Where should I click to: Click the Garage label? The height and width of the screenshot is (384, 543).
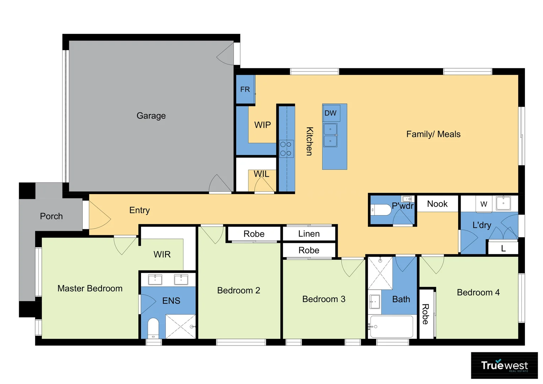[x=151, y=116]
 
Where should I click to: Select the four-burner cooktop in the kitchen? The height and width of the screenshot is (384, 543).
[x=286, y=149]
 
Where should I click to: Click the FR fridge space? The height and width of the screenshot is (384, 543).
[x=245, y=90]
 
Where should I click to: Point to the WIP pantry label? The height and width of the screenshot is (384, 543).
[x=262, y=125]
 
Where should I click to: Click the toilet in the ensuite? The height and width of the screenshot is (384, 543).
[x=153, y=327]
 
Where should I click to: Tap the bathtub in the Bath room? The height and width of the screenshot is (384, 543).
[x=391, y=326]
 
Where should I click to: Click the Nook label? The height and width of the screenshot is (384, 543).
[x=437, y=204]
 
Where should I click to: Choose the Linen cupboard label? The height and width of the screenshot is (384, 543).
[x=309, y=234]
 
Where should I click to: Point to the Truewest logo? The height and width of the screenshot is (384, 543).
[x=504, y=365]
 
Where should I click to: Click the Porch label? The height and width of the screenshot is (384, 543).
[x=51, y=216]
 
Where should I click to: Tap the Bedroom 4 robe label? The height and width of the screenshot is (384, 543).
[x=425, y=314]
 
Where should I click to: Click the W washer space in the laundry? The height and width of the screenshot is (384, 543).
[x=483, y=204]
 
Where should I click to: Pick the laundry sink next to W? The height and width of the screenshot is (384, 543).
[x=503, y=203]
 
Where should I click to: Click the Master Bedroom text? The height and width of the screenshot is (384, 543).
[x=90, y=288]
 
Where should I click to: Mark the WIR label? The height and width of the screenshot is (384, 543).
[x=162, y=254]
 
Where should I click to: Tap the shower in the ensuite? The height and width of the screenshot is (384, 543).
[x=180, y=326]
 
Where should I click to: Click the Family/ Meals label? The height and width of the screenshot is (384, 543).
[x=433, y=134]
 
